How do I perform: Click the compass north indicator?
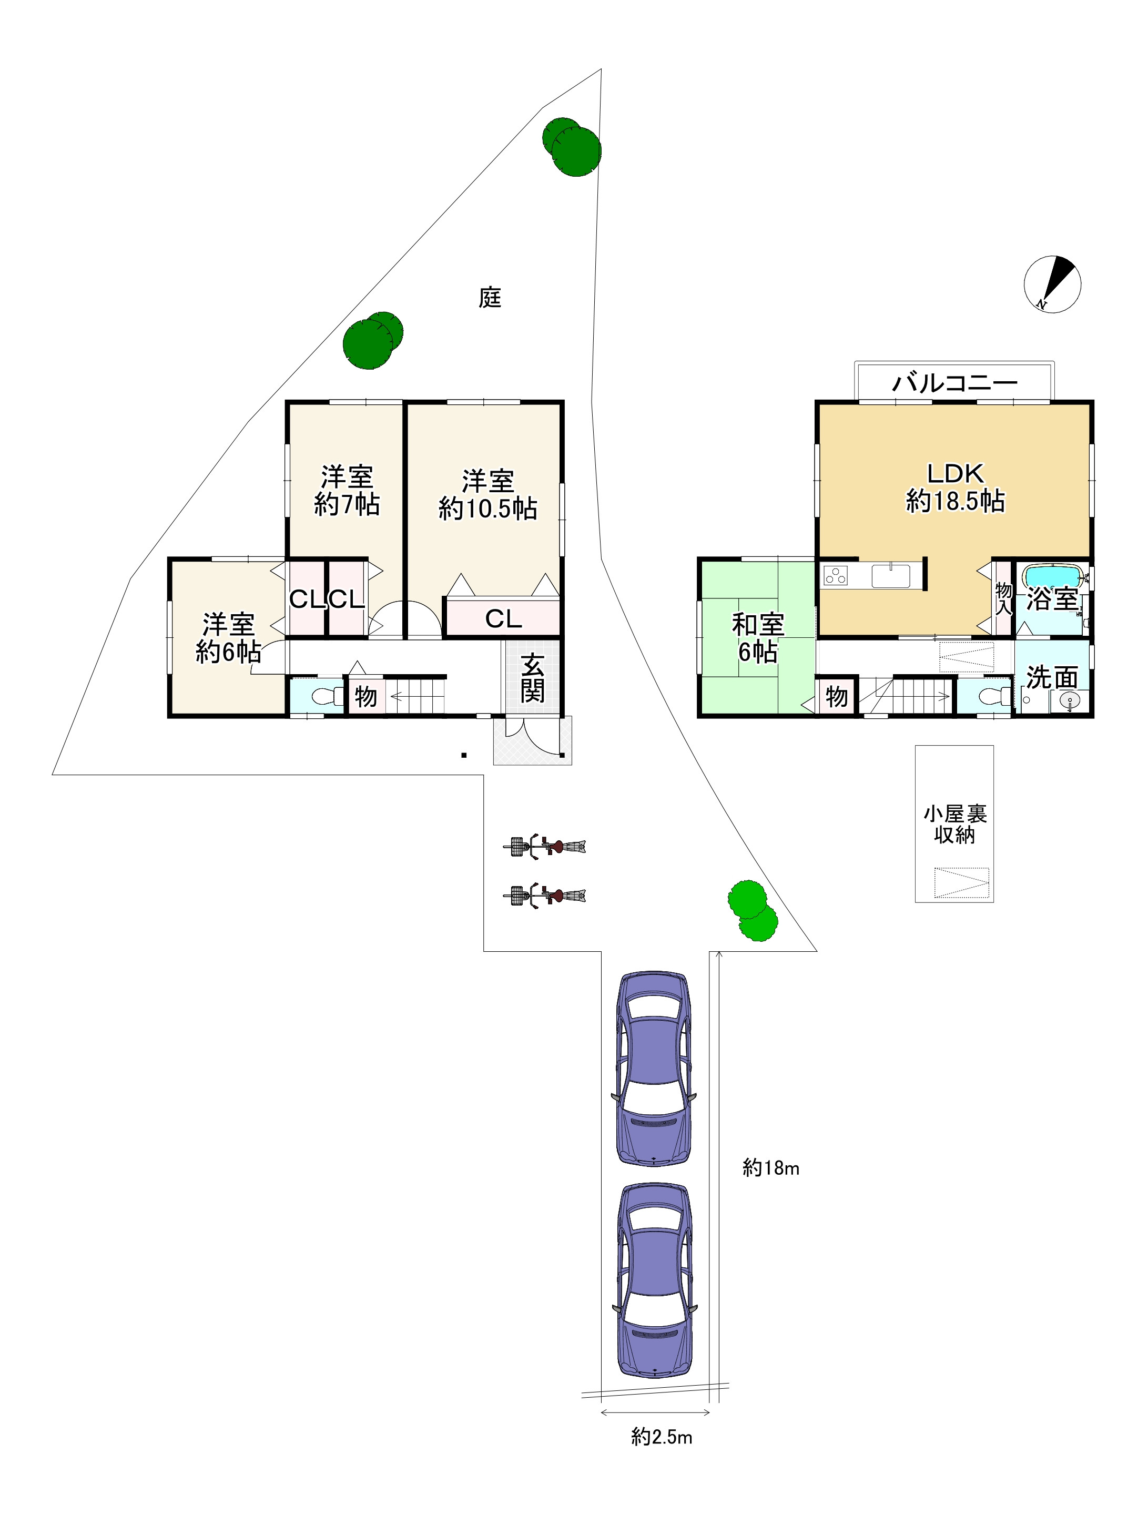click(1052, 284)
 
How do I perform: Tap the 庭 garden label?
click(490, 297)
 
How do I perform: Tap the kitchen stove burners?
click(836, 575)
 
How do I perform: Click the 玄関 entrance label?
click(532, 677)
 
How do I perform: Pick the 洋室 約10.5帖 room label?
click(487, 494)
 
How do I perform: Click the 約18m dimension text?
click(770, 1168)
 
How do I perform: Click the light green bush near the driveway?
click(753, 910)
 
